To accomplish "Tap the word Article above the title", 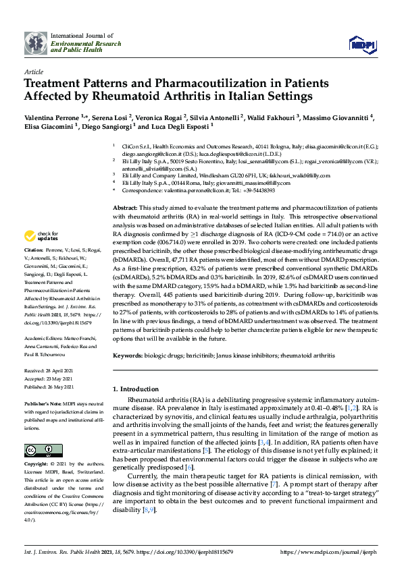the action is point(34,71).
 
